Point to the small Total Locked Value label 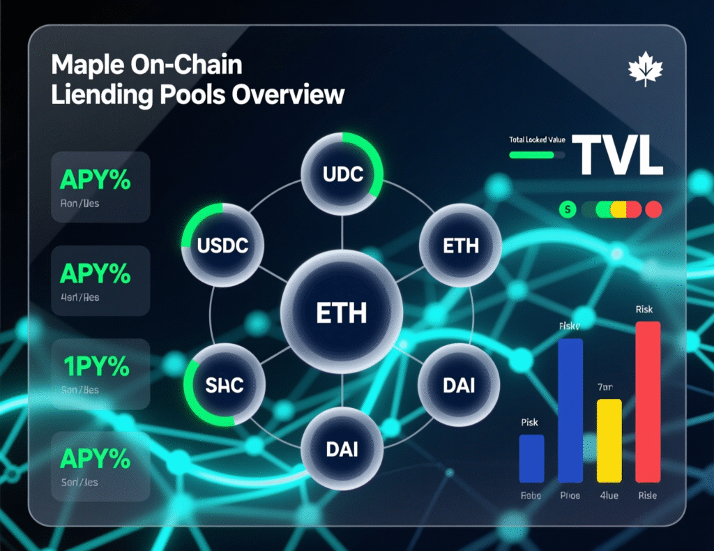click(x=537, y=140)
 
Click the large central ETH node click(x=341, y=312)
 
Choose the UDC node click(x=343, y=174)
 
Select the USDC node click(x=223, y=246)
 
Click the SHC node click(x=225, y=384)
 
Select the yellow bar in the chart click(x=609, y=441)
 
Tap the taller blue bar click(x=570, y=411)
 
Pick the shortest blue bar click(x=531, y=458)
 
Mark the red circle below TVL click(x=653, y=209)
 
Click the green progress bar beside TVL click(x=537, y=155)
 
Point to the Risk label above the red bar click(x=645, y=309)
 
